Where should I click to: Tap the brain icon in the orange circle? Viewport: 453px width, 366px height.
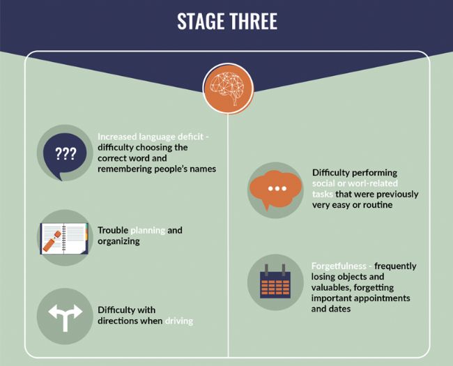pos(227,87)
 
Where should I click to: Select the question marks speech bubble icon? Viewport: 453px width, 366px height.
pos(65,153)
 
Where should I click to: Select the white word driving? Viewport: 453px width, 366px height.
pos(178,321)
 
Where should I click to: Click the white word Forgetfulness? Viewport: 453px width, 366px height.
pos(339,266)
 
